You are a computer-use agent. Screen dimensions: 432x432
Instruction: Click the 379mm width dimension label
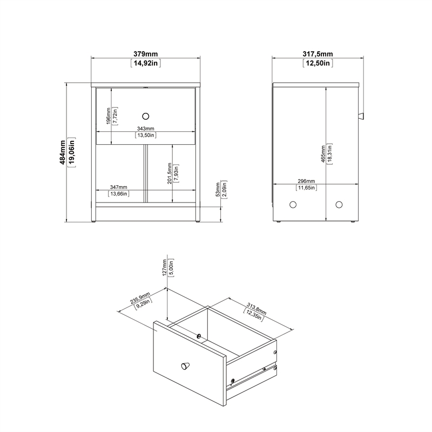[x=146, y=53]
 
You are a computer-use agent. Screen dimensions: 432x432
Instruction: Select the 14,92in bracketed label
[x=146, y=63]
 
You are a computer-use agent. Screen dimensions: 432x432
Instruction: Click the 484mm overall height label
[x=63, y=152]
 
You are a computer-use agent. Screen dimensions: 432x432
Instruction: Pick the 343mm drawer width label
[x=146, y=129]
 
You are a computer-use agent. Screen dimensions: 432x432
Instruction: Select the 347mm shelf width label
[x=118, y=187]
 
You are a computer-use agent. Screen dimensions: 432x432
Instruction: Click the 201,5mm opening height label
[x=170, y=173]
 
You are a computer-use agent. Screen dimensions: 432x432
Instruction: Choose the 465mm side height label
[x=323, y=153]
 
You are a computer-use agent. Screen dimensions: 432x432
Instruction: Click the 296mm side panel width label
[x=306, y=181]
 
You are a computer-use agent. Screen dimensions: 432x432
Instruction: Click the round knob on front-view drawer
[x=145, y=115]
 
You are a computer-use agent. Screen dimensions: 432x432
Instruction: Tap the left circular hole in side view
[x=293, y=205]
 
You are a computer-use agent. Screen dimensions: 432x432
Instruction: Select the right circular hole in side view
[x=339, y=205]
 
